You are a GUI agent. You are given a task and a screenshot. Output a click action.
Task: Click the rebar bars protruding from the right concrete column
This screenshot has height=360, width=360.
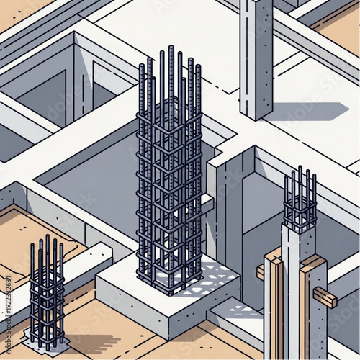coord(300,198)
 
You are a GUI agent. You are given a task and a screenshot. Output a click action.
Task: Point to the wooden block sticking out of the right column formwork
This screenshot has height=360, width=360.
coord(324,297)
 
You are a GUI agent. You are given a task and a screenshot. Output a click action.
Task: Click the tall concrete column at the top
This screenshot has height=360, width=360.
coord(256,58)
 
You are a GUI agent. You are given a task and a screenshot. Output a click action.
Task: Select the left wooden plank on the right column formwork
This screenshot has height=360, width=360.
coord(274,302)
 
